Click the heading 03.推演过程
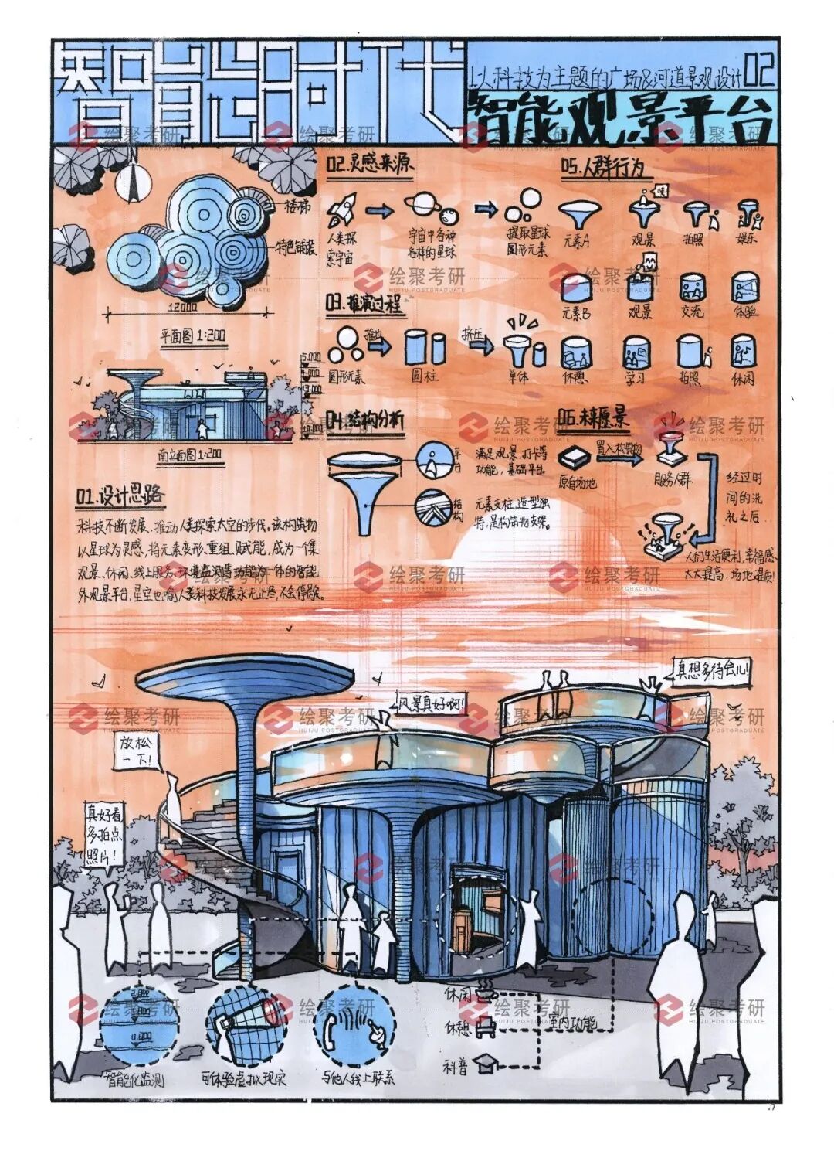[x=364, y=304]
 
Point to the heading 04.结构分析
[x=364, y=421]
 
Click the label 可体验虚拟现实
[x=243, y=1078]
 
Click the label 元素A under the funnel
[x=575, y=240]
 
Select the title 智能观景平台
[x=618, y=118]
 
